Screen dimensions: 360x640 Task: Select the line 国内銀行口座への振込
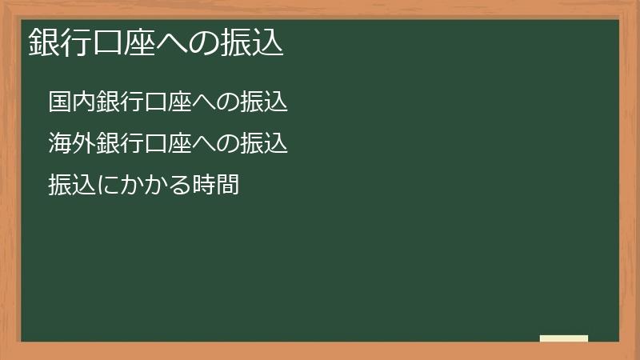coord(167,102)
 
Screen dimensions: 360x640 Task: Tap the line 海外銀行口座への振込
coord(167,144)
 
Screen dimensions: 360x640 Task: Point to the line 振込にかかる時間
coord(143,185)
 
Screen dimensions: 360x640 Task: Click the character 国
coord(60,102)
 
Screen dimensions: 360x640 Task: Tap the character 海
coord(60,144)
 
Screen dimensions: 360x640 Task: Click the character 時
coord(204,185)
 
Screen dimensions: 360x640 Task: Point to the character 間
coord(228,185)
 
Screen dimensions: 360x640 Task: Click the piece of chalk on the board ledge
coord(564,338)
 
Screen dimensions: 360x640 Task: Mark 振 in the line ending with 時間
coord(60,185)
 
